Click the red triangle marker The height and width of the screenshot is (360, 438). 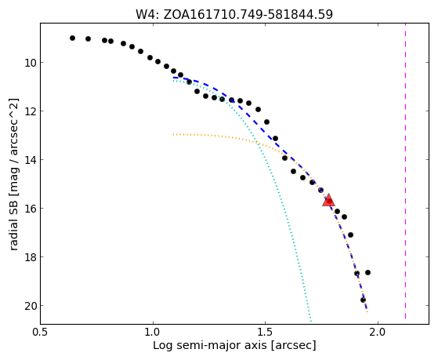pyautogui.click(x=328, y=200)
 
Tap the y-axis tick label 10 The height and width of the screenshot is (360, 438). pyautogui.click(x=31, y=63)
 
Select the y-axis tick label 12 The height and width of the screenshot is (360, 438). pyautogui.click(x=31, y=111)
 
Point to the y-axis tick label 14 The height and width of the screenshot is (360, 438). pyautogui.click(x=31, y=160)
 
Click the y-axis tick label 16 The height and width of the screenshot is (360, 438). pyautogui.click(x=31, y=209)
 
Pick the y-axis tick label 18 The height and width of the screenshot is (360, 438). pyautogui.click(x=31, y=257)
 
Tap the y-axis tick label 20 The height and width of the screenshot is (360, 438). pyautogui.click(x=31, y=306)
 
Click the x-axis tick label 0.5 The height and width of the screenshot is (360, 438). pyautogui.click(x=41, y=333)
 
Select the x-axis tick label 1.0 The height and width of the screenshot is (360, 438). pyautogui.click(x=153, y=333)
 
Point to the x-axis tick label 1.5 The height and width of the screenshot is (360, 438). pyautogui.click(x=266, y=333)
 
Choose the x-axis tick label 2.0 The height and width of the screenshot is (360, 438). pyautogui.click(x=378, y=333)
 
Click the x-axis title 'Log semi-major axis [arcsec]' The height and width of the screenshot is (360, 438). pyautogui.click(x=234, y=346)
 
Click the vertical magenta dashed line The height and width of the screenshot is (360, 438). pyautogui.click(x=405, y=171)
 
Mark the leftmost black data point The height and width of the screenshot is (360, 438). pyautogui.click(x=72, y=38)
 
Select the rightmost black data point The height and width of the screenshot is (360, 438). pyautogui.click(x=368, y=272)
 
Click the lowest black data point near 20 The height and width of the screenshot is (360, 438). pyautogui.click(x=363, y=300)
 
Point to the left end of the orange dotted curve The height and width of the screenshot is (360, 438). pyautogui.click(x=173, y=135)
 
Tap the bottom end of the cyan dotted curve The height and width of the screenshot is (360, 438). pyautogui.click(x=310, y=321)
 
